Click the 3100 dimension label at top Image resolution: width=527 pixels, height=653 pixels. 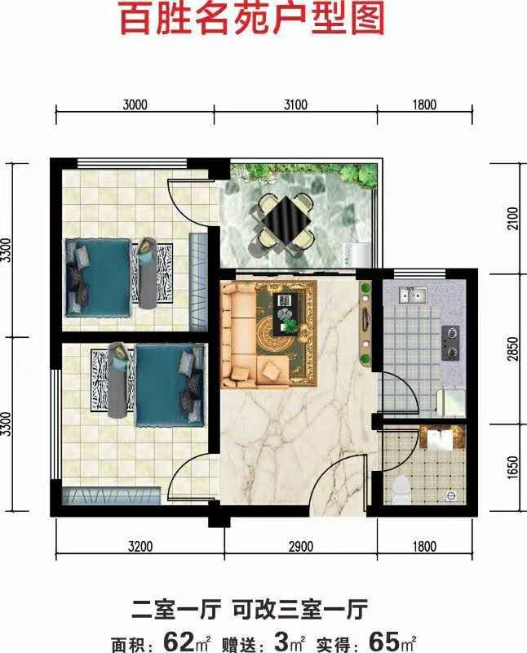[295, 104]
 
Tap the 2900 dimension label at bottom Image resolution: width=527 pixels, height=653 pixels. [300, 546]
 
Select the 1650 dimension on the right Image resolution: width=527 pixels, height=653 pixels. [514, 467]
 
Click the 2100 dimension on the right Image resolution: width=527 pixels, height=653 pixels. [514, 218]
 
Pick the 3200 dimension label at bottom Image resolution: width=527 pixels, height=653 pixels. [140, 546]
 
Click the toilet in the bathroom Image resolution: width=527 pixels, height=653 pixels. [401, 491]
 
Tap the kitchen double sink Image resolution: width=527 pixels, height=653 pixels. [412, 295]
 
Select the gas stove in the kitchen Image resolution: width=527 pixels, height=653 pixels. [450, 343]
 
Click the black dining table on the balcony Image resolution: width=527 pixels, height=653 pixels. [287, 221]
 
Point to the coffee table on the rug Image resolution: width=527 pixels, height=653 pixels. [286, 313]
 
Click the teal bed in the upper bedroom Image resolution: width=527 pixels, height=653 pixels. [98, 278]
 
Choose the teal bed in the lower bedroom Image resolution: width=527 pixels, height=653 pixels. [170, 384]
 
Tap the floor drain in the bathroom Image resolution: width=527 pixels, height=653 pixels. [450, 495]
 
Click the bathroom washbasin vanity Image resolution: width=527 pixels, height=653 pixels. [441, 438]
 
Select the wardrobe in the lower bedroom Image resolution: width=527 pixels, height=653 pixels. [111, 495]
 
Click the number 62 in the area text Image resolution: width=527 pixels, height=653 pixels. [179, 642]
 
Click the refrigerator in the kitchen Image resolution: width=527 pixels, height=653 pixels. [450, 402]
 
